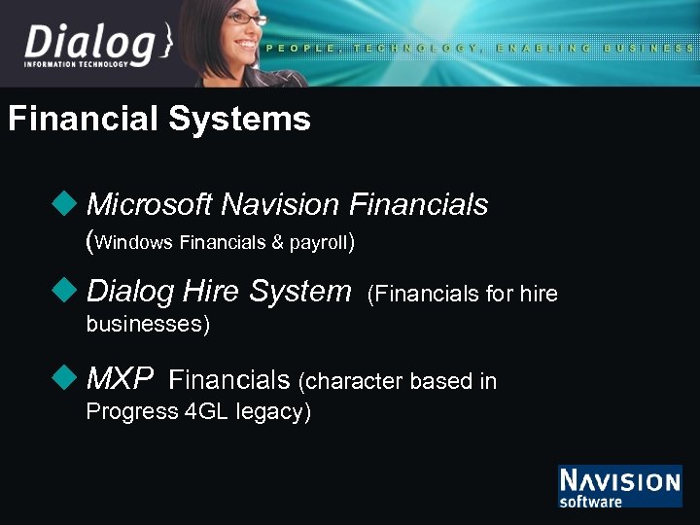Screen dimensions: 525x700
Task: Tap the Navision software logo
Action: tap(619, 486)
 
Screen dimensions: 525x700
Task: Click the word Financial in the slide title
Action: tap(83, 120)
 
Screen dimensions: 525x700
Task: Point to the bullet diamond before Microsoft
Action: tap(66, 203)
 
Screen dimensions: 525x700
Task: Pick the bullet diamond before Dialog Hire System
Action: tap(66, 290)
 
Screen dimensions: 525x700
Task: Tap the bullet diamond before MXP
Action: tap(66, 376)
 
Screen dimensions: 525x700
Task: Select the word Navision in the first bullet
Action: tap(280, 204)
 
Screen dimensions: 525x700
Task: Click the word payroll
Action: tap(316, 243)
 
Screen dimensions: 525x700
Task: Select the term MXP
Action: tap(120, 378)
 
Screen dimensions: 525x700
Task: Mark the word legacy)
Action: tap(276, 412)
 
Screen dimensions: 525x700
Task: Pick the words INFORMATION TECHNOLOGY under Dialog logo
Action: tap(76, 65)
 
